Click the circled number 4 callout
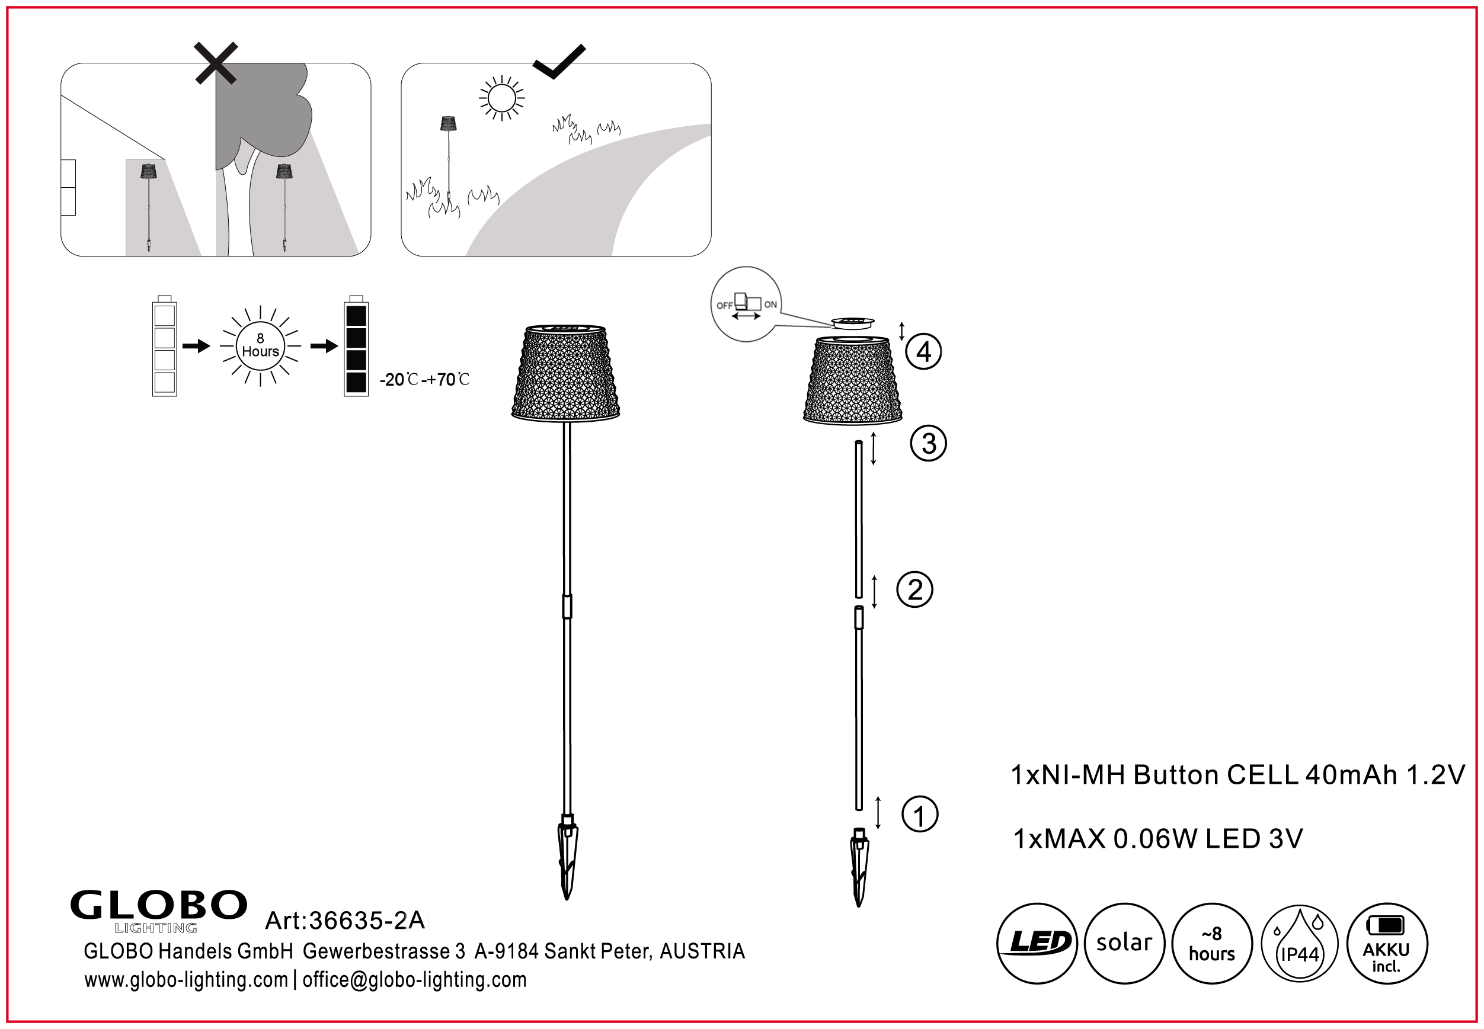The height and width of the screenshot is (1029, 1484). coord(923,352)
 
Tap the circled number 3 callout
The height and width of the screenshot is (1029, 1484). coord(928,444)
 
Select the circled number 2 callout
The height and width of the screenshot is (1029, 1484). coord(914,590)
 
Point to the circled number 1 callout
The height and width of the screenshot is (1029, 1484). coord(919,815)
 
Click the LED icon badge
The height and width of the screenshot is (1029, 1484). coord(1037,943)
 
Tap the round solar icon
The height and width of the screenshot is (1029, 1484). coord(1124,943)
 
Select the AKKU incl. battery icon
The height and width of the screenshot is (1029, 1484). coord(1387,944)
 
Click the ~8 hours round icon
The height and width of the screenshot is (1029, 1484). coord(1212,943)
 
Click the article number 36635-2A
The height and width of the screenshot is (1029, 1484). coord(344,920)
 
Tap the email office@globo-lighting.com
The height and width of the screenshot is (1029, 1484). coord(414,980)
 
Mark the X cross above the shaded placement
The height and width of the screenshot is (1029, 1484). coord(216,63)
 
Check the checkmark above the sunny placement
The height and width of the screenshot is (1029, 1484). coord(558,61)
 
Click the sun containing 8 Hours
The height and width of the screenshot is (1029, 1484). coord(261,346)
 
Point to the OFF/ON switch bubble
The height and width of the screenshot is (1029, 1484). coord(746,304)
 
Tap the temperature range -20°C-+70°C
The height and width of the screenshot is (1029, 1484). coord(424,380)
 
